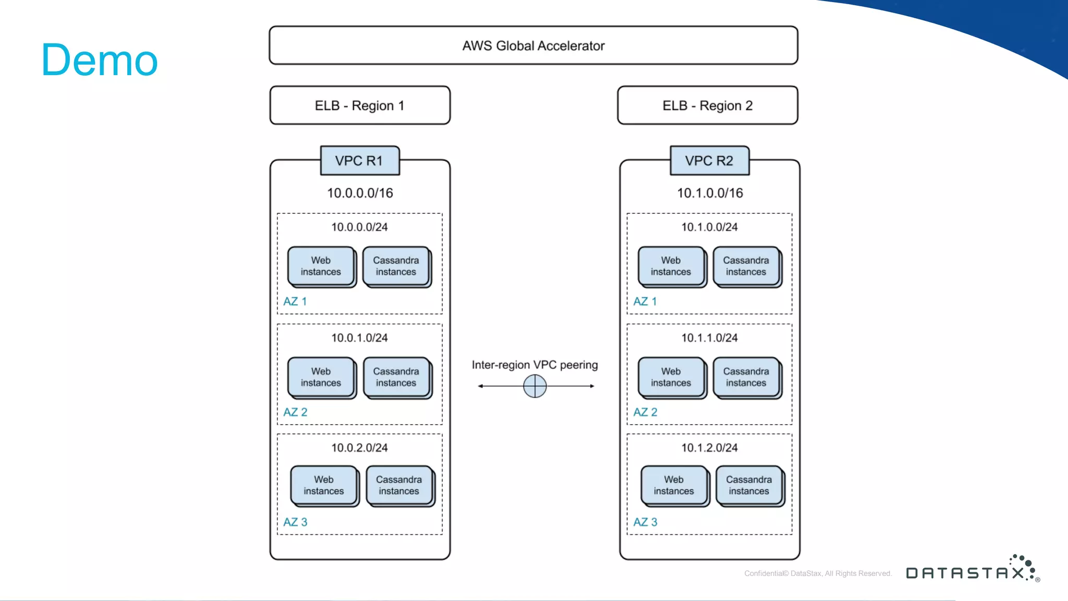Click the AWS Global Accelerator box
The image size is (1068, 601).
click(533, 46)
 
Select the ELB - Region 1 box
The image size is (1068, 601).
click(360, 105)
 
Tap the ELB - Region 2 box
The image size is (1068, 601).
click(707, 105)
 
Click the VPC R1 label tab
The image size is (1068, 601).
click(359, 161)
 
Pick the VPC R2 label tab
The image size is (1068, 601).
click(709, 161)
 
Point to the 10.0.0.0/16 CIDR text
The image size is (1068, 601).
click(360, 193)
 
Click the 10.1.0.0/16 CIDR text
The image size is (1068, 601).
click(710, 193)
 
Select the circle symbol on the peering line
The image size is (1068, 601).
click(535, 386)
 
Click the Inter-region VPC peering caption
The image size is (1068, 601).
click(535, 365)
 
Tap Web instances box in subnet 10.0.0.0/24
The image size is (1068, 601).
click(321, 266)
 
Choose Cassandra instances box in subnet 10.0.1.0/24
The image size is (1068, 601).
click(396, 377)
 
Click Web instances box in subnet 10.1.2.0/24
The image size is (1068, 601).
click(674, 485)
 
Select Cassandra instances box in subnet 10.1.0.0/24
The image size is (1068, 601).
click(746, 266)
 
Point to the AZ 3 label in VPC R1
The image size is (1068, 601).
click(295, 522)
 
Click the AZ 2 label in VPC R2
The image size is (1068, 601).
click(645, 412)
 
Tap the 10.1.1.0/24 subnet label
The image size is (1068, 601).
click(709, 338)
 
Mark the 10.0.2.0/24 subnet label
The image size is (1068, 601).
click(359, 448)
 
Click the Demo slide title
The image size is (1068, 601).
click(99, 60)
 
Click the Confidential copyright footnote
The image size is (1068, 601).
click(818, 573)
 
